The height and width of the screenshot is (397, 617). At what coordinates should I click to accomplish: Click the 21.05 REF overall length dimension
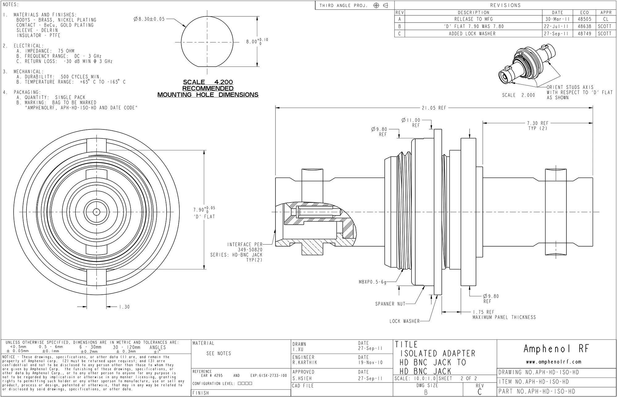pyautogui.click(x=434, y=108)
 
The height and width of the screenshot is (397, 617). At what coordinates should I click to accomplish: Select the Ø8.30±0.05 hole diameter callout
pyautogui.click(x=149, y=19)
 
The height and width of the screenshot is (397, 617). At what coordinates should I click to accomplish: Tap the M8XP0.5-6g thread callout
pyautogui.click(x=372, y=282)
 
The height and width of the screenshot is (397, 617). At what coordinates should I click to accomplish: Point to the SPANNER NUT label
pyautogui.click(x=389, y=304)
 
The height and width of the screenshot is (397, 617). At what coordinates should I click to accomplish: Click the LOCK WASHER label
pyautogui.click(x=404, y=321)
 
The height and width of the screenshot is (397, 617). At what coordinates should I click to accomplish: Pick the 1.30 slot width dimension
pyautogui.click(x=124, y=307)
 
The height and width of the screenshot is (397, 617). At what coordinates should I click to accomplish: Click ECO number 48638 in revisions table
pyautogui.click(x=584, y=27)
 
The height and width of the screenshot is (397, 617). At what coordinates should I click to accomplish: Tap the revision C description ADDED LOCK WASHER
pyautogui.click(x=472, y=34)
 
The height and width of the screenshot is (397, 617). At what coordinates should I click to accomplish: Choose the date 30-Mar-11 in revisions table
pyautogui.click(x=557, y=19)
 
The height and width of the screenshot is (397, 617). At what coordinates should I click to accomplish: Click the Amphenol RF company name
pyautogui.click(x=556, y=349)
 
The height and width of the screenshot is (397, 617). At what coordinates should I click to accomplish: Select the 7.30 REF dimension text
pyautogui.click(x=538, y=123)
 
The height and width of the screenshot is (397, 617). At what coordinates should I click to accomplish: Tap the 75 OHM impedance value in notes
pyautogui.click(x=66, y=51)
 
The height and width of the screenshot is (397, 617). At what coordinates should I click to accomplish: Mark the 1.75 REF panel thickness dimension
pyautogui.click(x=483, y=312)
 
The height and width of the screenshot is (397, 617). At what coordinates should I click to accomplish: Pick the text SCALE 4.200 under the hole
pyautogui.click(x=208, y=82)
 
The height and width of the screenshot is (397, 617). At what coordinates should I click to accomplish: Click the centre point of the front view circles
pyautogui.click(x=97, y=212)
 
